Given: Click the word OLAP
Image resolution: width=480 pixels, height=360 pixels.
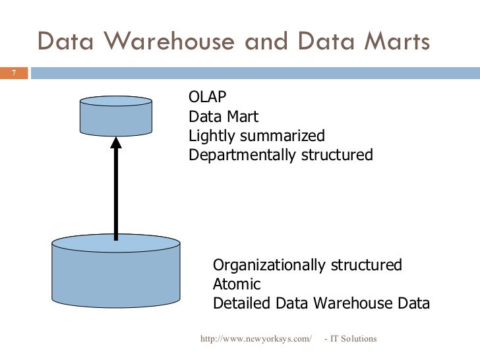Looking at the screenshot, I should tap(208, 98).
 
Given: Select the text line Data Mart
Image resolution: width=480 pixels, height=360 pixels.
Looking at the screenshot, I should tap(224, 117).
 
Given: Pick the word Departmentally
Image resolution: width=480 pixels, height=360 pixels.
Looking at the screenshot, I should tap(241, 155).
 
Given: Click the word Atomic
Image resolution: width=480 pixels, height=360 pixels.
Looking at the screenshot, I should tap(237, 284).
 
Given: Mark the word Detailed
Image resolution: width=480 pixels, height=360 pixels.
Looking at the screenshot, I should tap(242, 303).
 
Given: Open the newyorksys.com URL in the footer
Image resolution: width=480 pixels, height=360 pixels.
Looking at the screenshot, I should tap(255, 339).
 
